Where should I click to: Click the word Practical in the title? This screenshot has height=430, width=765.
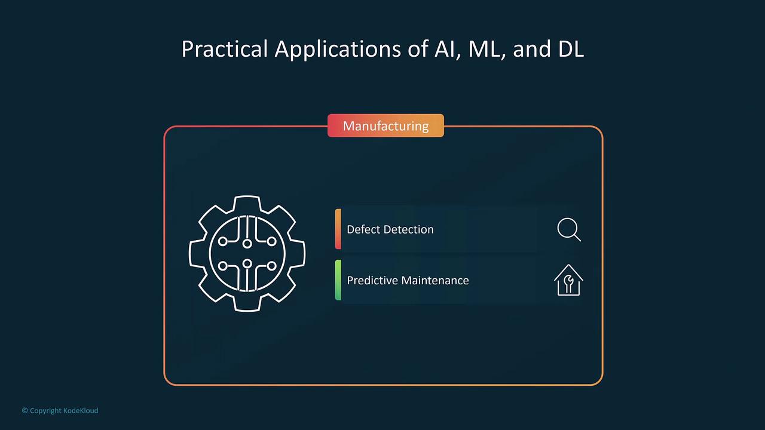coord(224,48)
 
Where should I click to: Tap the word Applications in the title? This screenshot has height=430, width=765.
coord(338,50)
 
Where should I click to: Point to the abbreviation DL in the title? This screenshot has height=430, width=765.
coord(571,49)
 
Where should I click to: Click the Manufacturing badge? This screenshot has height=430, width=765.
coord(385,125)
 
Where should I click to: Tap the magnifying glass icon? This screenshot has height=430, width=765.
coord(569,229)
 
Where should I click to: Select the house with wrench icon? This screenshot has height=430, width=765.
coord(568,280)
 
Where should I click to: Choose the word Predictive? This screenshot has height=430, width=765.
coord(372,280)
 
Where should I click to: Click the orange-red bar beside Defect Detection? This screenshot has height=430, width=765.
coord(338,229)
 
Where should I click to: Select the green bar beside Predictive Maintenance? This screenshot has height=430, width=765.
coord(338,280)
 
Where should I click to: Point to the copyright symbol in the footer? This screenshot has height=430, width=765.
coord(25,410)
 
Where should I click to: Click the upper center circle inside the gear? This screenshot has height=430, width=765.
coord(247,243)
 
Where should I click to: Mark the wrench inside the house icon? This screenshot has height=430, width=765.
coord(568,284)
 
